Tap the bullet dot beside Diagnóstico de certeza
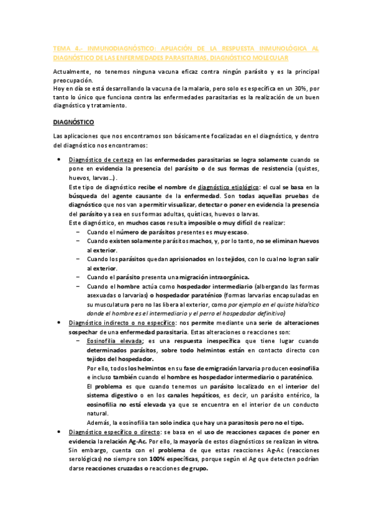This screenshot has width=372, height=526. pos(58,160)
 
